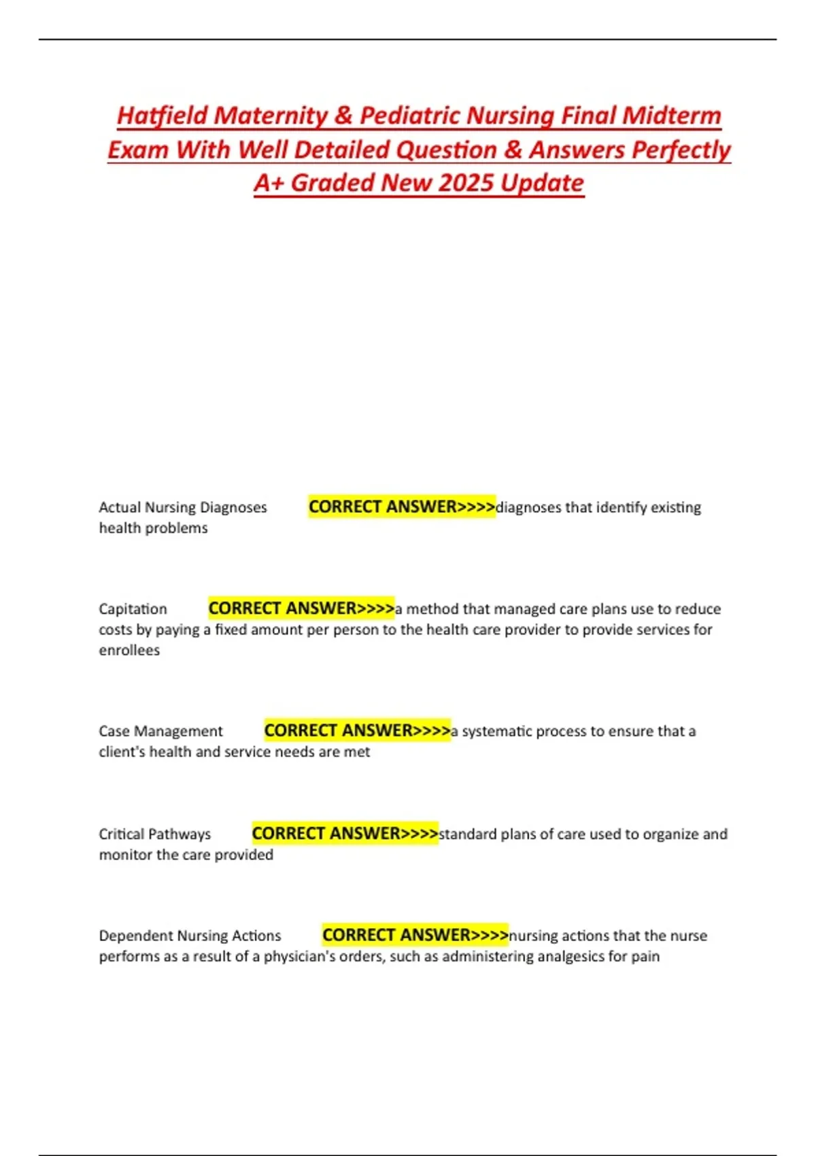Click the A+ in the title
(x=269, y=183)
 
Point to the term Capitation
(x=133, y=609)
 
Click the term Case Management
(x=160, y=731)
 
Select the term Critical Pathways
(x=155, y=834)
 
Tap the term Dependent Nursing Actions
(x=190, y=936)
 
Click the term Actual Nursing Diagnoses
(x=183, y=507)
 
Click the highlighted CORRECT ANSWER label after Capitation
(x=301, y=608)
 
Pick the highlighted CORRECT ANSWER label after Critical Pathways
(x=345, y=833)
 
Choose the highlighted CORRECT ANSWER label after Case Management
(x=357, y=730)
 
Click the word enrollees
(x=129, y=650)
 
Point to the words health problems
(x=153, y=528)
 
